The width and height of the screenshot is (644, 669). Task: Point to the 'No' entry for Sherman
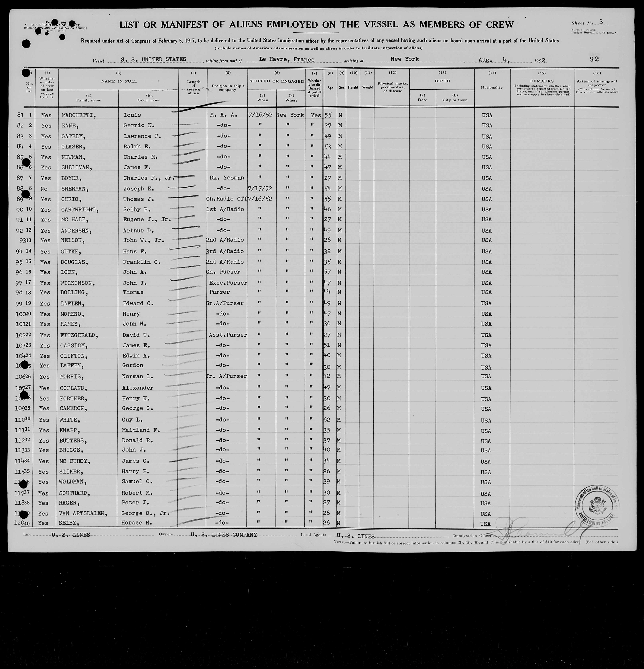click(44, 189)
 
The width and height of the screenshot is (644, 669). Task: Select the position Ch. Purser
click(223, 272)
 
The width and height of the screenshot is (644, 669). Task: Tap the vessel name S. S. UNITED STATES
click(153, 59)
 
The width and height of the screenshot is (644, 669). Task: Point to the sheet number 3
click(601, 22)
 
